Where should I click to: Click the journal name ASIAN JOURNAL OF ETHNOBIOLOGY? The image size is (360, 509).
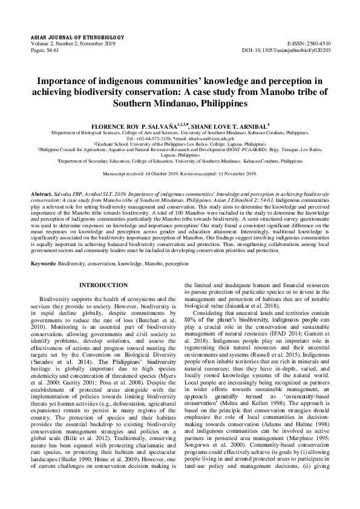click(68, 38)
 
